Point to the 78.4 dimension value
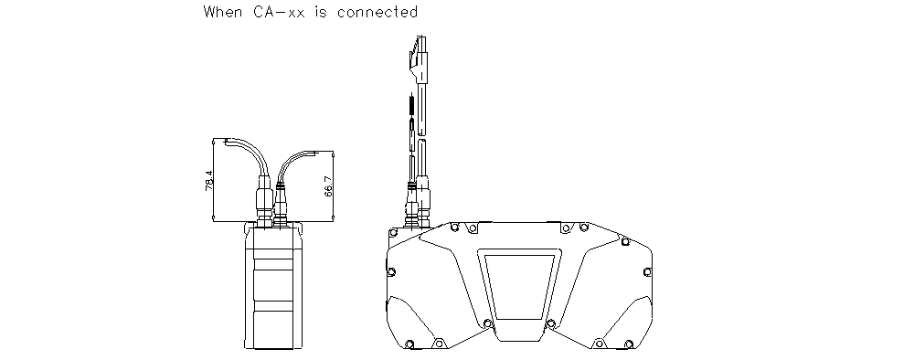click(x=209, y=180)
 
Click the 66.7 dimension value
click(x=328, y=186)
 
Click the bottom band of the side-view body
click(x=275, y=329)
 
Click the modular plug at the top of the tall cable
click(x=419, y=60)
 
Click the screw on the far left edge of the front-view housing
click(x=390, y=272)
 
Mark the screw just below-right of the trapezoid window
click(x=550, y=323)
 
